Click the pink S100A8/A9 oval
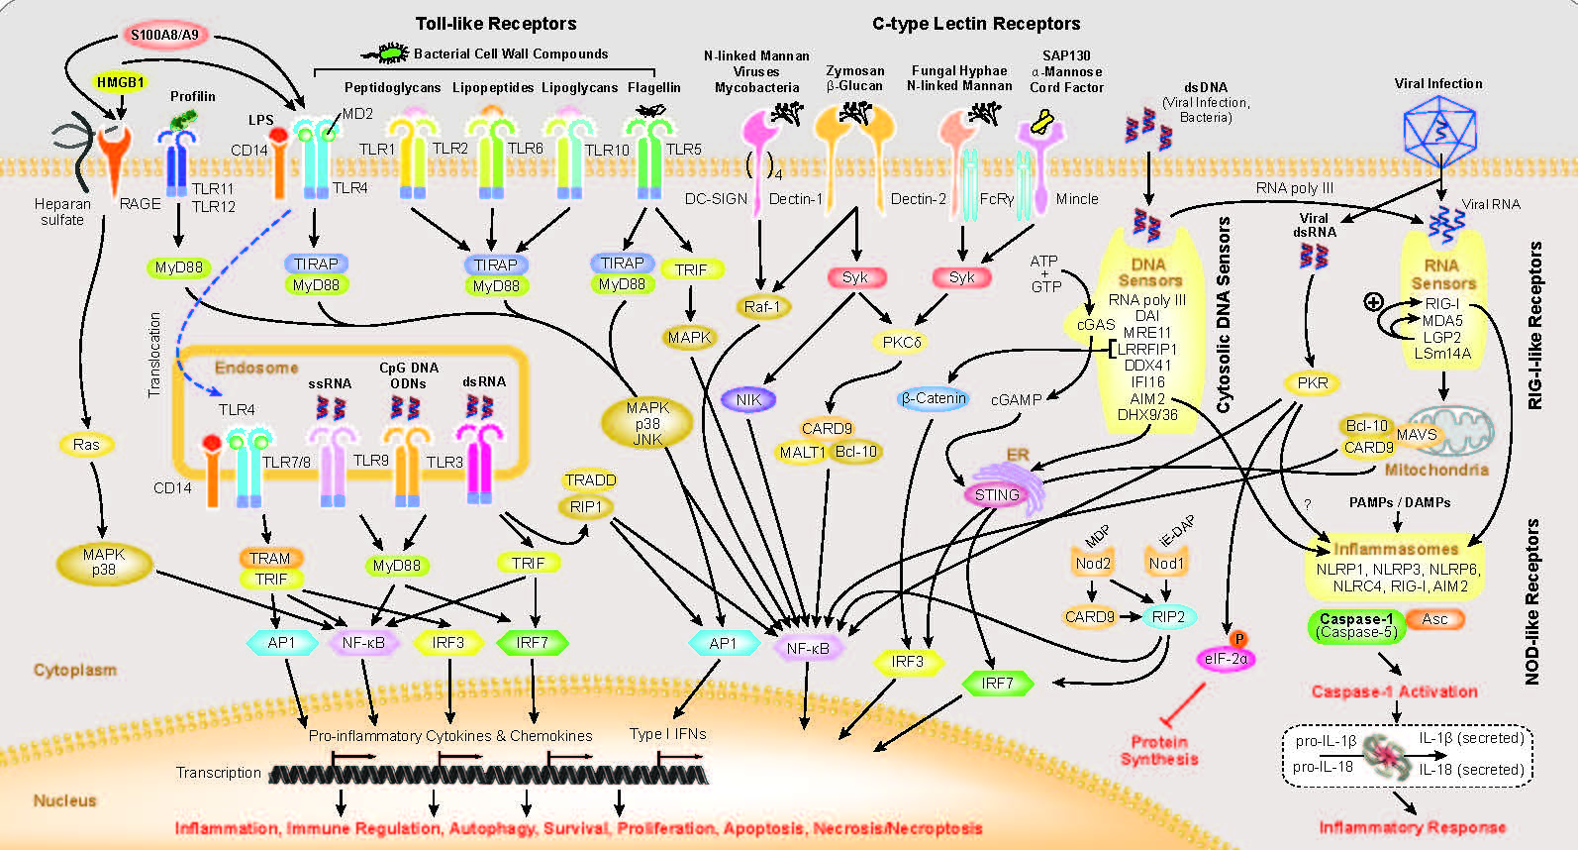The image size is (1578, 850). (164, 36)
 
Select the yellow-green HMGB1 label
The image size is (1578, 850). (121, 82)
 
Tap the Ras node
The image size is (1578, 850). (86, 445)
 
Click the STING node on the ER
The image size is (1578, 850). (996, 494)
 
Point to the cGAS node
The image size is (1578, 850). (1095, 324)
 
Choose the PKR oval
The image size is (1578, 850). (1313, 382)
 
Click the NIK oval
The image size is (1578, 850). (748, 400)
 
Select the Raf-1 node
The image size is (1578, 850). (761, 306)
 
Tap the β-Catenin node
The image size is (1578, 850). (933, 398)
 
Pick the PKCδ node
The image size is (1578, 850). (902, 342)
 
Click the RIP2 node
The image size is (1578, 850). (1168, 616)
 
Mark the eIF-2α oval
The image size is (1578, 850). (1226, 658)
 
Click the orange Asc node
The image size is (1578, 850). (1434, 619)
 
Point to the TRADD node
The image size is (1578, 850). (590, 480)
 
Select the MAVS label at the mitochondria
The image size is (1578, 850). (1417, 434)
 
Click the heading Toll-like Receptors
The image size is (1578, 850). (495, 24)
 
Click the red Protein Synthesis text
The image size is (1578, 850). (1159, 750)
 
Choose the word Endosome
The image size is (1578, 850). (256, 368)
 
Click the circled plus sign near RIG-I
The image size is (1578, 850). (1373, 302)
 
